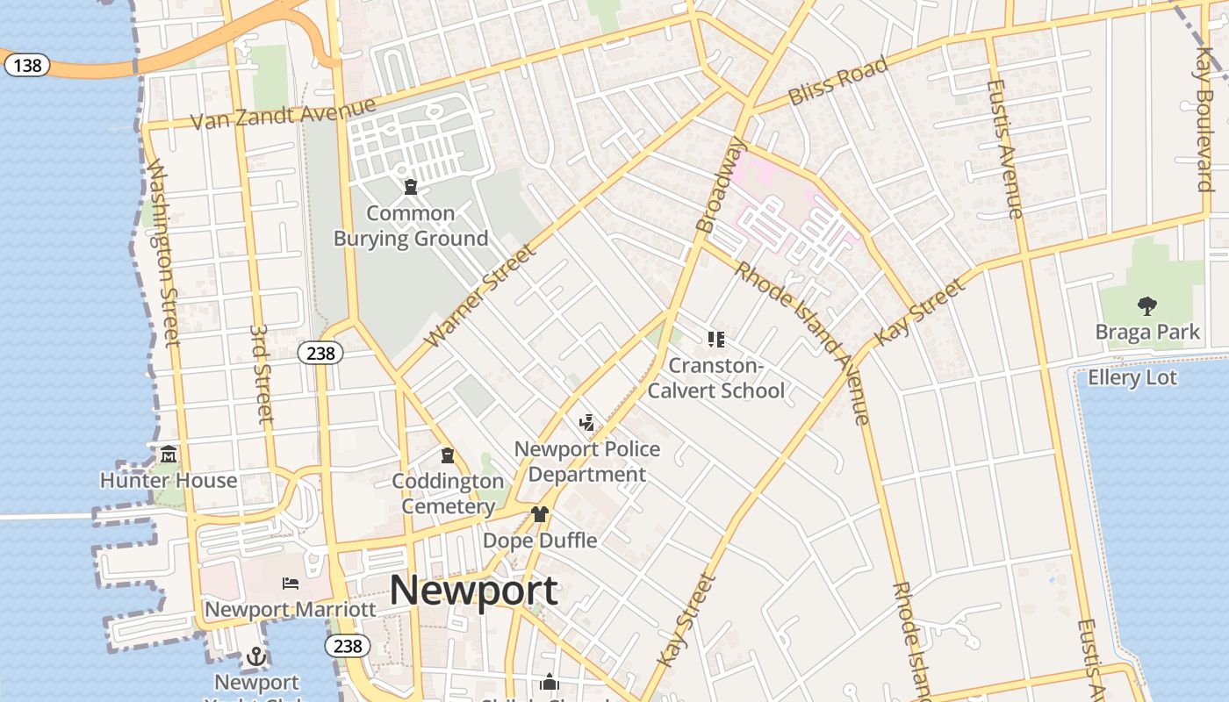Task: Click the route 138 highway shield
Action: (27, 65)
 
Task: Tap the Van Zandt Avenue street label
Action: (283, 114)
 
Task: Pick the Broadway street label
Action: (720, 185)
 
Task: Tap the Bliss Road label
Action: (838, 81)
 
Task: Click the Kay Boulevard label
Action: (1204, 118)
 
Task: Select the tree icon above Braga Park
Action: (1146, 306)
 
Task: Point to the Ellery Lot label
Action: (1132, 378)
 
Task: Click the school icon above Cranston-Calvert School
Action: (715, 339)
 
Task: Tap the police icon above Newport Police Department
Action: (586, 423)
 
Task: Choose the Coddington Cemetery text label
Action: (448, 493)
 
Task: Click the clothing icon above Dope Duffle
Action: (539, 514)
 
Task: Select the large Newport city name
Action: (473, 590)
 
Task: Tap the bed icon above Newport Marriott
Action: (290, 584)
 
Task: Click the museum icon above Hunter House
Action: (169, 455)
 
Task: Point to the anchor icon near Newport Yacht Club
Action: (255, 656)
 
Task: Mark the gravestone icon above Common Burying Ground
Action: (410, 187)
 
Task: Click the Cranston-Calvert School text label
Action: (715, 377)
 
